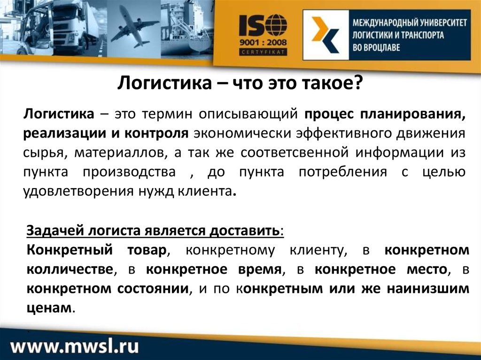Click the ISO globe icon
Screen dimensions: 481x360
tap(276, 25)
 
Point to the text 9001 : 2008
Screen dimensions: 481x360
tap(263, 42)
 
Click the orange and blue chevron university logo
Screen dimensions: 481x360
tap(326, 34)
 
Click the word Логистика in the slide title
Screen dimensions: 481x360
tap(164, 83)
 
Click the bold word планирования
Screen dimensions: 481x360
tap(413, 114)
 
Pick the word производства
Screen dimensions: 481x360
tap(129, 172)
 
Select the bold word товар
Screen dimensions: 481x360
tap(147, 250)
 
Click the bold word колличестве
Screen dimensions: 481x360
tap(70, 269)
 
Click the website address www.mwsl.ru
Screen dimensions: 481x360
tap(75, 346)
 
